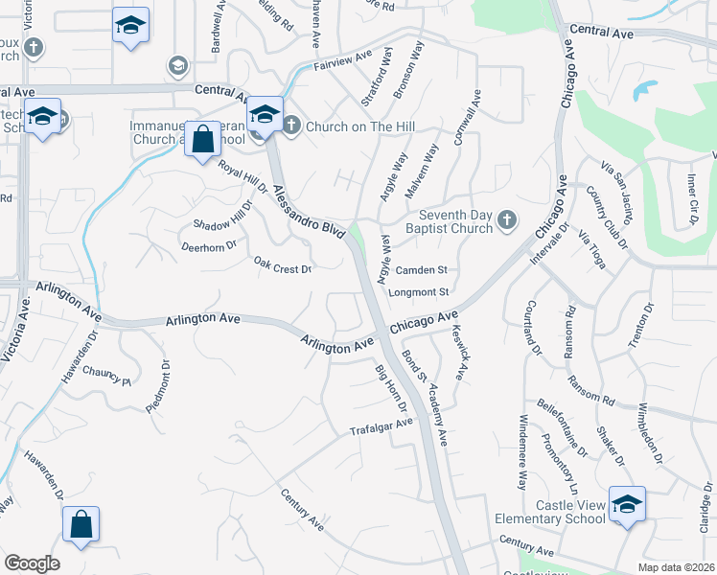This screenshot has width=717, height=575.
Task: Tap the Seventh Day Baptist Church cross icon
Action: (508, 222)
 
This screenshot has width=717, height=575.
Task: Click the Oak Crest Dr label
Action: (283, 264)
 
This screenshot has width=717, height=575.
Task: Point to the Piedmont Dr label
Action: (156, 380)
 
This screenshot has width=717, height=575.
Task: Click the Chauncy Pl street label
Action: (105, 375)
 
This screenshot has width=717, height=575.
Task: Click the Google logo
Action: (32, 563)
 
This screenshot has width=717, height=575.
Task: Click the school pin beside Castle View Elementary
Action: (627, 504)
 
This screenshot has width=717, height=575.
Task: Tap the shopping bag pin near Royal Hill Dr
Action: (203, 140)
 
